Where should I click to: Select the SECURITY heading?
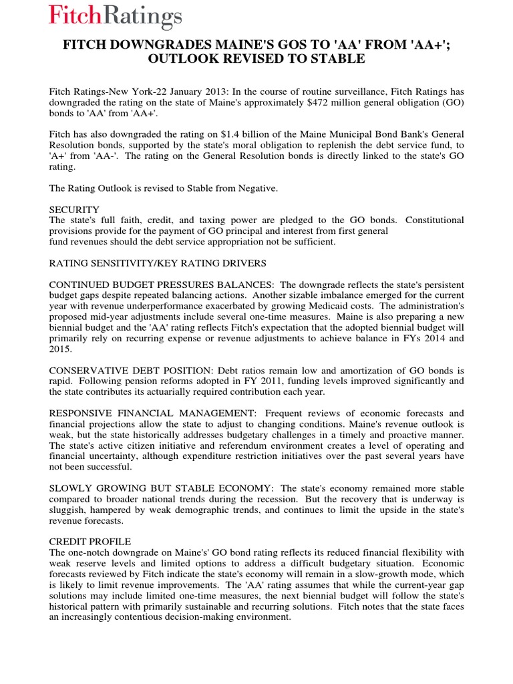coord(74,210)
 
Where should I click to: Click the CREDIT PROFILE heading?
coord(90,540)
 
